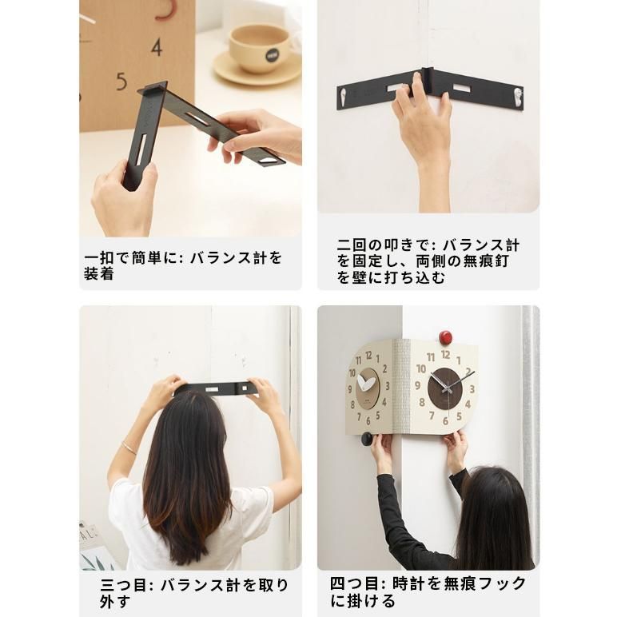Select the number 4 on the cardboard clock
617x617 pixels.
(157, 46)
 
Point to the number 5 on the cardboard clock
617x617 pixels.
(121, 81)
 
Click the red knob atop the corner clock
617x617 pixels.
(445, 336)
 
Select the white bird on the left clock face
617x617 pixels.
(367, 384)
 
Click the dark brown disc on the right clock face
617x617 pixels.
(444, 388)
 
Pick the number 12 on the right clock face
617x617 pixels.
(445, 355)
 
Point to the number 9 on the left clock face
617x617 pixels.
(352, 389)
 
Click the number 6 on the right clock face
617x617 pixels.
(444, 421)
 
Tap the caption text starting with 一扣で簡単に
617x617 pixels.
(183, 266)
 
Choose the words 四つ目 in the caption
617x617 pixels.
(353, 584)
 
